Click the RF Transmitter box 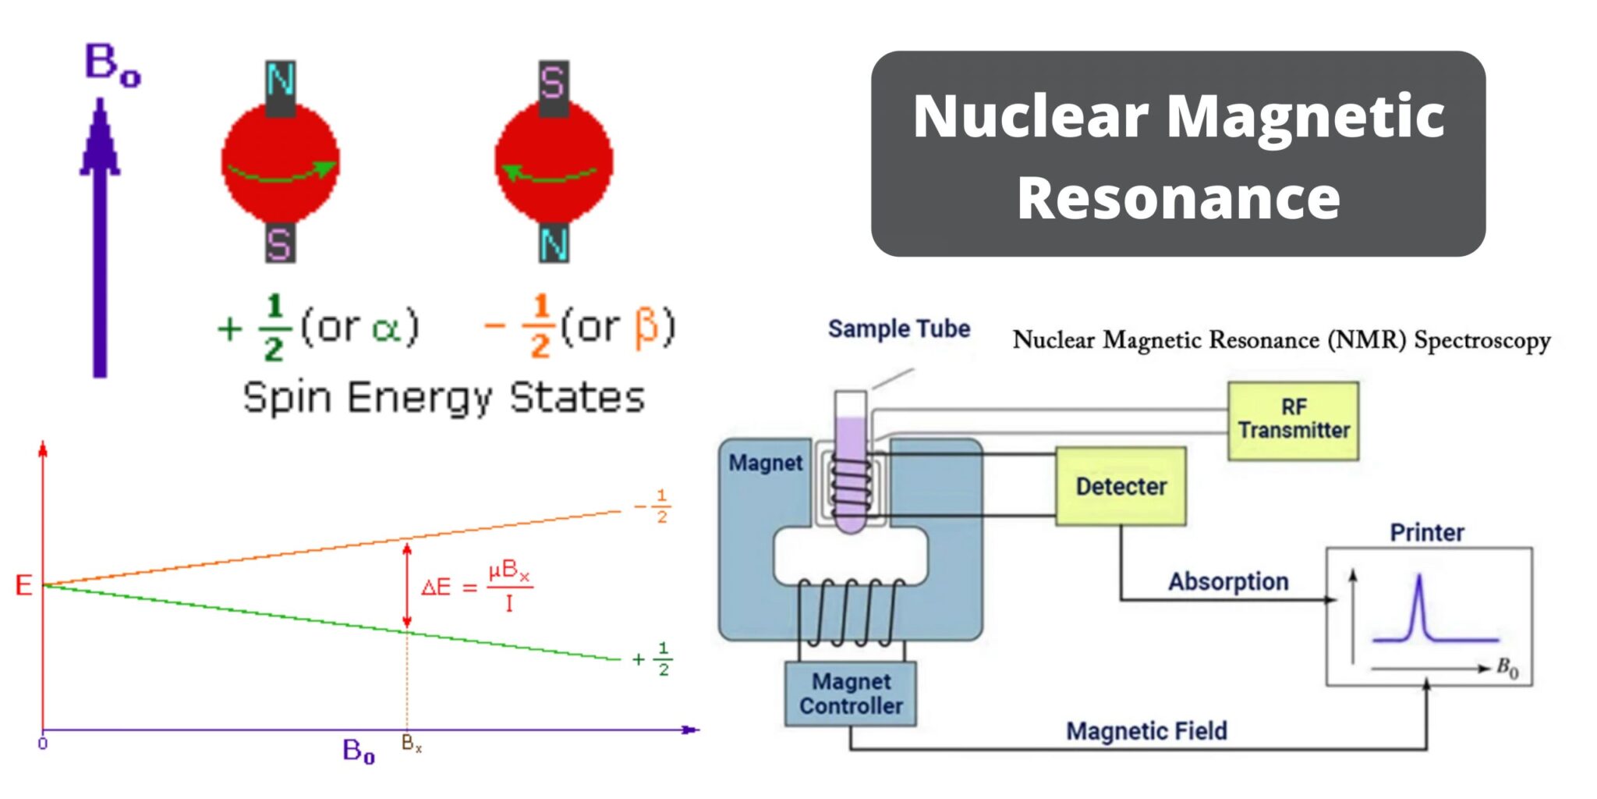1293,420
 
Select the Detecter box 1121,486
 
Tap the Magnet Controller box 850,694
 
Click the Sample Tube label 898,328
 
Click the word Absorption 1227,581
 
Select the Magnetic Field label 1146,731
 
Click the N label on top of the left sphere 280,80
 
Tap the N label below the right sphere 554,244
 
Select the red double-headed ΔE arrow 406,585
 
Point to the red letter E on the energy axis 24,585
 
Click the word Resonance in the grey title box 1177,198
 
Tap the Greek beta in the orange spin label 646,328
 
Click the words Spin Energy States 444,398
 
